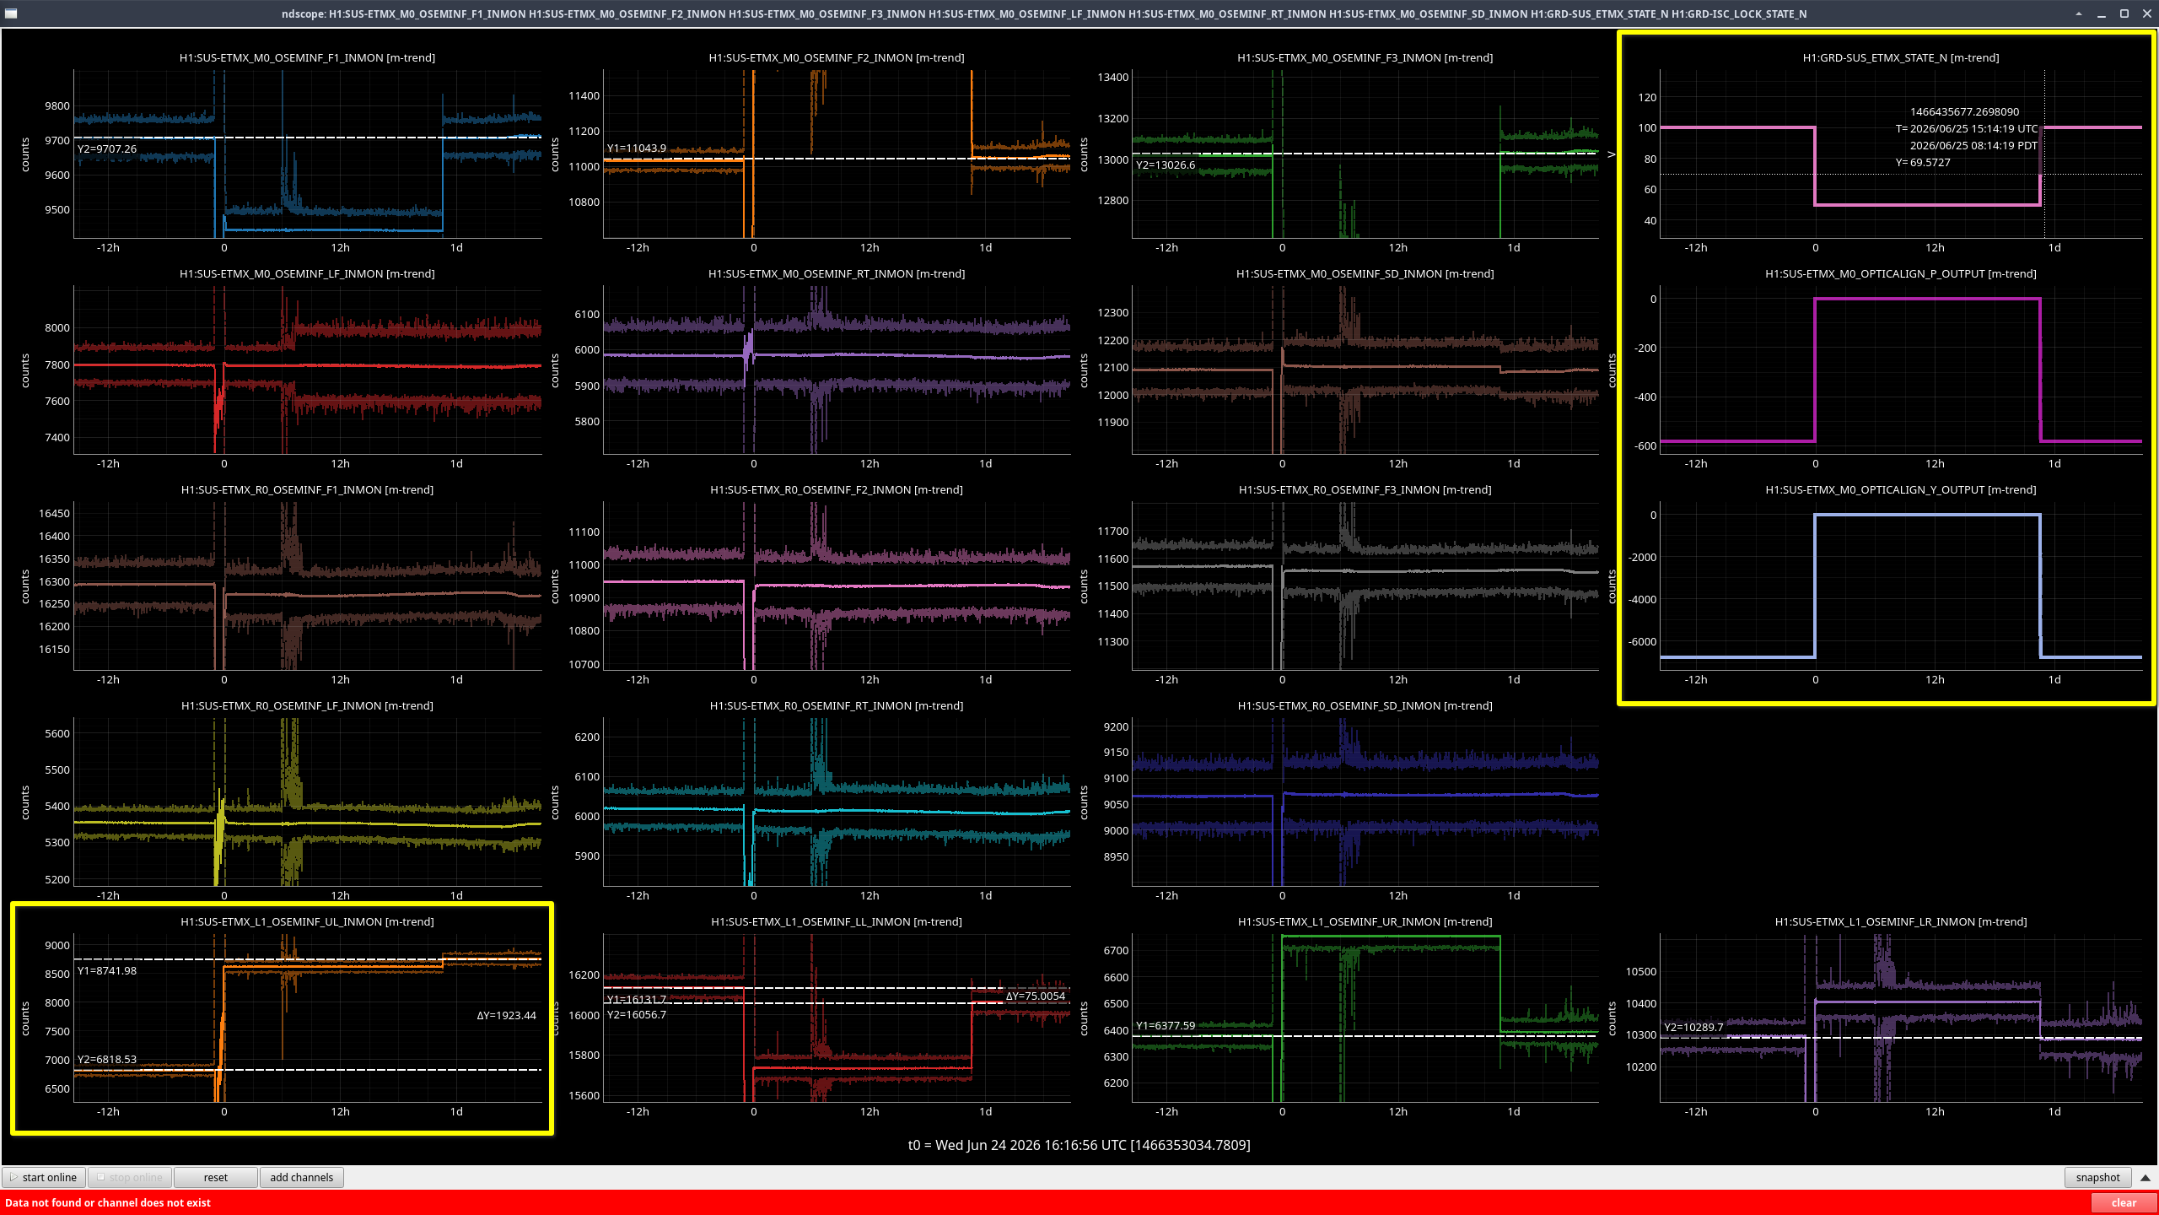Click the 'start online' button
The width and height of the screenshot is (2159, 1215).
44,1177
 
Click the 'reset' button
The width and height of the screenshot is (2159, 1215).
215,1177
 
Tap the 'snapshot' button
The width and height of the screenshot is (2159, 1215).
2097,1177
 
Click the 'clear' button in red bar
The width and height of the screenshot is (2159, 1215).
2124,1202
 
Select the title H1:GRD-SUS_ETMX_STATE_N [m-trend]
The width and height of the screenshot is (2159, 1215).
1900,57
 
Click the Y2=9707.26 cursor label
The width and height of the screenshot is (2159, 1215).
107,149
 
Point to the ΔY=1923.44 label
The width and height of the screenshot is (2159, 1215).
506,1015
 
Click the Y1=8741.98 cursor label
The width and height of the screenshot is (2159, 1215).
107,970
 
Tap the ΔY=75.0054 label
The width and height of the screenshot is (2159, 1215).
1035,996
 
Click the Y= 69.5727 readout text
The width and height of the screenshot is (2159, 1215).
1923,162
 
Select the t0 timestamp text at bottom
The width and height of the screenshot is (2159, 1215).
1079,1145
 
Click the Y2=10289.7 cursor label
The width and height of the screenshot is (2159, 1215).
1693,1027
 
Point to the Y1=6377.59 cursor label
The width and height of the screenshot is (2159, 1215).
1166,1025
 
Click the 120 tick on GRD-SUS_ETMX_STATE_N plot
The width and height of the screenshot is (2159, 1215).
1647,97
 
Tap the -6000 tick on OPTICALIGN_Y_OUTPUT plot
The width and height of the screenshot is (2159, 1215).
1642,641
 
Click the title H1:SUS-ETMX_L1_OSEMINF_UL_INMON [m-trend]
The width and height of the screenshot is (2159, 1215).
307,921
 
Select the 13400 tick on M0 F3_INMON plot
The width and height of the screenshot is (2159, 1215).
1112,77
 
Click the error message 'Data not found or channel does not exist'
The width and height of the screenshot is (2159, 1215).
108,1202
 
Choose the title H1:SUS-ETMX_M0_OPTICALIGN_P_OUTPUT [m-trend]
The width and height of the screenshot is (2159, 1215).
1900,273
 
